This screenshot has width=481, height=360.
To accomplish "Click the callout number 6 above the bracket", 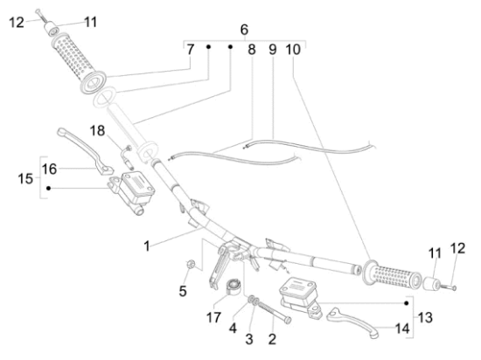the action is [244, 30].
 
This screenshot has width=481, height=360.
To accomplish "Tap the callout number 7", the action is [191, 50].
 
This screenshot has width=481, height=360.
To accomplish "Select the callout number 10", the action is [293, 50].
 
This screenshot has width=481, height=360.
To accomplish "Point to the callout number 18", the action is [97, 131].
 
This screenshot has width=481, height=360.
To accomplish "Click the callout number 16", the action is [49, 170].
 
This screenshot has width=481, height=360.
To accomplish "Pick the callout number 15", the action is [25, 178].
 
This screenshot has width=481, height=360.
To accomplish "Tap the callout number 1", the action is [147, 246].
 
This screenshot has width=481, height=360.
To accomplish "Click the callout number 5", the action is [183, 291].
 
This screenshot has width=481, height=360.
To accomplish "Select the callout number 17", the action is [213, 317].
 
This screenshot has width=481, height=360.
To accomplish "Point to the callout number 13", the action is [425, 317].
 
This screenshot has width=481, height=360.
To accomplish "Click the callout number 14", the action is [402, 329].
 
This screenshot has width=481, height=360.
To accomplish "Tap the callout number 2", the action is [272, 339].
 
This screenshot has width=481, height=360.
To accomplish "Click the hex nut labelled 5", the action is [190, 264].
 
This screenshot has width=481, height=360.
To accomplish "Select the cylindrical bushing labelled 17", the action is [234, 287].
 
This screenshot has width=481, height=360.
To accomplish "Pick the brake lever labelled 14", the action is [352, 322].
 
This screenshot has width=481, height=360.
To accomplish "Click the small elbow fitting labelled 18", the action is [129, 156].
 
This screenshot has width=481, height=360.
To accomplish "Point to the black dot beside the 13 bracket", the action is [407, 303].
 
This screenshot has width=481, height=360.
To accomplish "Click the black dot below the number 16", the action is [48, 188].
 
